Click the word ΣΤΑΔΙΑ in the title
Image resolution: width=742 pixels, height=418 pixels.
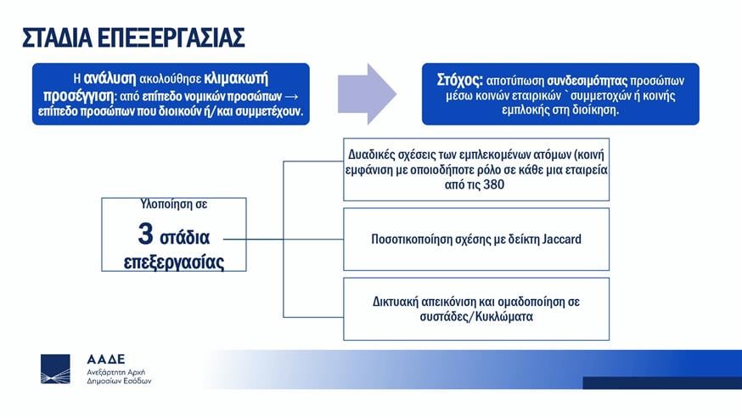pos(56,38)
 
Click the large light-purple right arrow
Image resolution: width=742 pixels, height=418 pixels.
pos(367,93)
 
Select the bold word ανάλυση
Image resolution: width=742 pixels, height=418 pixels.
pos(110,78)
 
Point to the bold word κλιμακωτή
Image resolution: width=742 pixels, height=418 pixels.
pos(236,78)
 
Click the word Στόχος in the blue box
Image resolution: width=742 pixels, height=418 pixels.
pos(459,80)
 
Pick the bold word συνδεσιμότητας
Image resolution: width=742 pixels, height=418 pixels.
pos(587,81)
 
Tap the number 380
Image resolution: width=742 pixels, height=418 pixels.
pos(493,184)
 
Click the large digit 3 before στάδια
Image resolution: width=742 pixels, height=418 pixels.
pos(145,234)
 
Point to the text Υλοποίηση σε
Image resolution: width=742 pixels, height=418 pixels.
pos(174,204)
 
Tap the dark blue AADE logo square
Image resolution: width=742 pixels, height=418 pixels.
pos(55,369)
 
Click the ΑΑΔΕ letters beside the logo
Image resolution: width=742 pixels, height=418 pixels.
pos(106,359)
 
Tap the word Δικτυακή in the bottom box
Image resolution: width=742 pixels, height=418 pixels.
pos(394,302)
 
